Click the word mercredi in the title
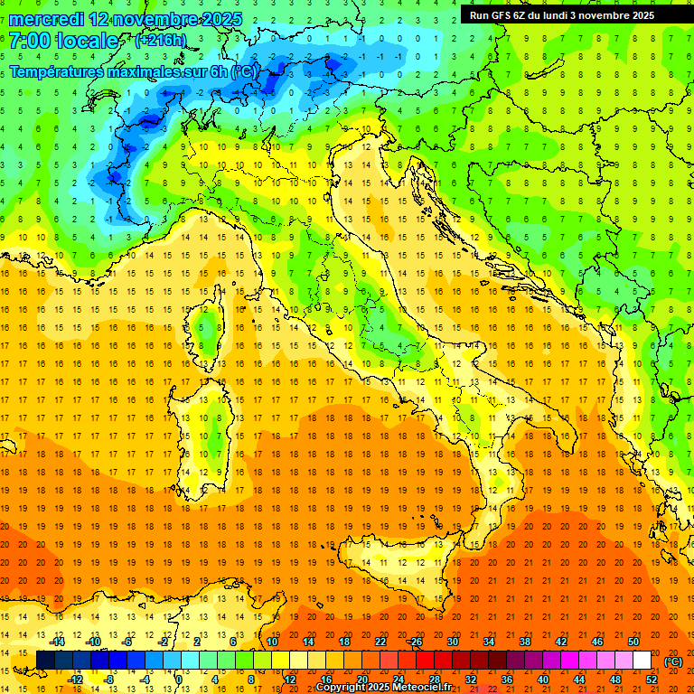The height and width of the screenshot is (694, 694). tap(48, 19)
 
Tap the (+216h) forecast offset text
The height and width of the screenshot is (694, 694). tap(160, 41)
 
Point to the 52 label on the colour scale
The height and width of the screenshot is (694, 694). tap(651, 680)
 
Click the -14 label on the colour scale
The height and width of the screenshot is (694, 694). tap(59, 642)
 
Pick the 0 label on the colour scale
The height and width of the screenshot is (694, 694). tap(179, 680)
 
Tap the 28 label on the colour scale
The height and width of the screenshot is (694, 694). tap(434, 680)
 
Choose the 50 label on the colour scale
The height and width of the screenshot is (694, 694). tap(633, 642)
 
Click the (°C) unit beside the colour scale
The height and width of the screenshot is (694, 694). tap(673, 661)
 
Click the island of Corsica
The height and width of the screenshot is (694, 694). tap(208, 330)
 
